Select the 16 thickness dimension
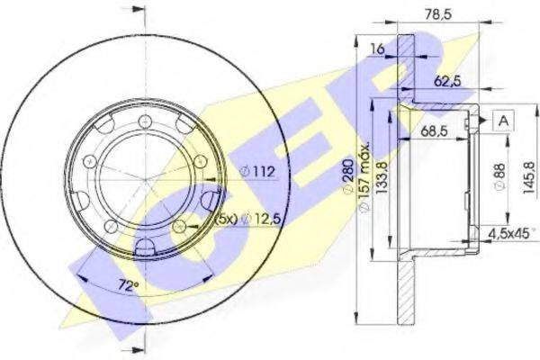[377, 49]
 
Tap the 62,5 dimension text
[447, 81]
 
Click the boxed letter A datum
[503, 121]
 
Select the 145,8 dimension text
[528, 177]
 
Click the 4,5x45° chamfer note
[512, 234]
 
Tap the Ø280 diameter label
[348, 176]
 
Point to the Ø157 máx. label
[364, 176]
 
